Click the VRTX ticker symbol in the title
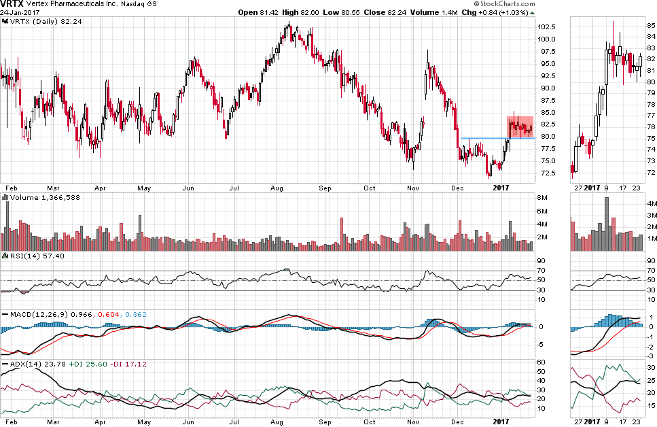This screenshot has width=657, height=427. coord(12,4)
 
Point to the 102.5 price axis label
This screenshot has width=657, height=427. coord(547,27)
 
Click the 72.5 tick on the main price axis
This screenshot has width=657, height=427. coord(545,173)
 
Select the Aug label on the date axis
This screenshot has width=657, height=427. coord(277,186)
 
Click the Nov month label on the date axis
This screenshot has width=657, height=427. coord(414,186)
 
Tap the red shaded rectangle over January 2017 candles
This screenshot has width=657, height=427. coord(520,127)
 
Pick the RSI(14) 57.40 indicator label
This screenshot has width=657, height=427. coord(25,256)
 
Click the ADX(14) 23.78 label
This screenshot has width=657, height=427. coord(26,364)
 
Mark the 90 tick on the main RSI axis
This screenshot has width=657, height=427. coord(543,260)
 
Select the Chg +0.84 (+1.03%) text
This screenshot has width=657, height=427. coord(495,13)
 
